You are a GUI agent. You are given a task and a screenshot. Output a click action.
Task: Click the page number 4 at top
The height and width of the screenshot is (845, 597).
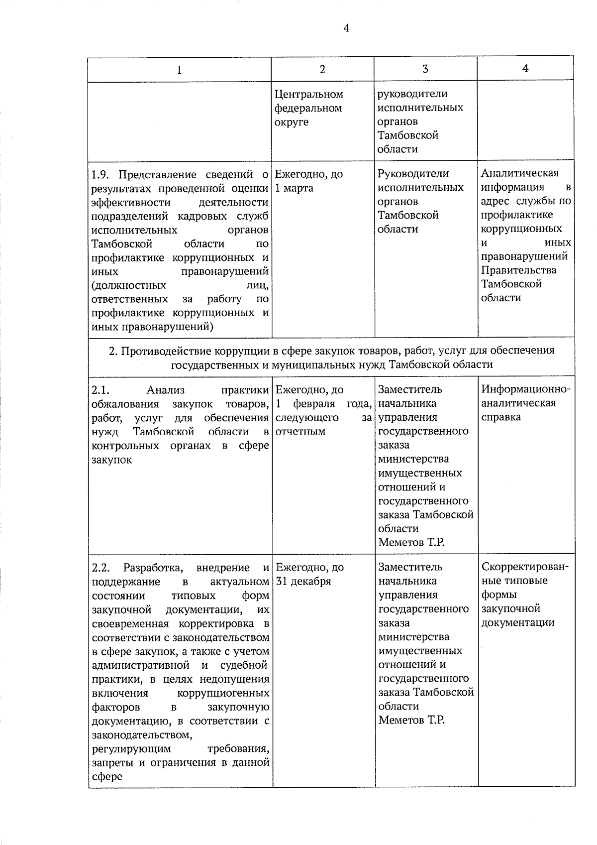(346, 28)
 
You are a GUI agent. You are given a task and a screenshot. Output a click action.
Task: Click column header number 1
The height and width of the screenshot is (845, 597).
(179, 70)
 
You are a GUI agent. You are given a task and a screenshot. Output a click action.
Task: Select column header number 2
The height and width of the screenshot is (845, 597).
(322, 70)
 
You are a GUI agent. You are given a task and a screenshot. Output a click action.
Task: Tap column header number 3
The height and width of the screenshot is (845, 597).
(425, 69)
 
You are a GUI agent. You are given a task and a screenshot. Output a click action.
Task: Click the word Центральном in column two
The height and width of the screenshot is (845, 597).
(309, 94)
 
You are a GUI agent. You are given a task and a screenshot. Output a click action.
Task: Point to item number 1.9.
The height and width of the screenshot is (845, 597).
(101, 174)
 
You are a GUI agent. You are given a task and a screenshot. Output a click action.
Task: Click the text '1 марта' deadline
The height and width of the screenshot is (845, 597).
(295, 188)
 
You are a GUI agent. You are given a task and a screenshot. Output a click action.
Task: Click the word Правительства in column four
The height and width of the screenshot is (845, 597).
(518, 270)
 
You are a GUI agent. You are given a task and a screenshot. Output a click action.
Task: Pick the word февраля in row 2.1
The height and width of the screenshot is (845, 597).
(313, 403)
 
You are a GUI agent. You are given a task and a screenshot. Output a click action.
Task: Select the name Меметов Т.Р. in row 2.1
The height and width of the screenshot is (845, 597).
(411, 542)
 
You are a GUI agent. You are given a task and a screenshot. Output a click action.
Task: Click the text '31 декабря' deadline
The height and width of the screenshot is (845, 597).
(303, 582)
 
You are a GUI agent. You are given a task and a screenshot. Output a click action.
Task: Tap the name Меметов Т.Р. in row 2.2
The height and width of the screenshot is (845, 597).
(411, 720)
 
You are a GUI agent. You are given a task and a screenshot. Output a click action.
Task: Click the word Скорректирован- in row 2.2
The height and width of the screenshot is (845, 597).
(525, 567)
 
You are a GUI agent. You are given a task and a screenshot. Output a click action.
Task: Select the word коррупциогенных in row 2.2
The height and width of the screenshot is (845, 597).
(223, 693)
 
